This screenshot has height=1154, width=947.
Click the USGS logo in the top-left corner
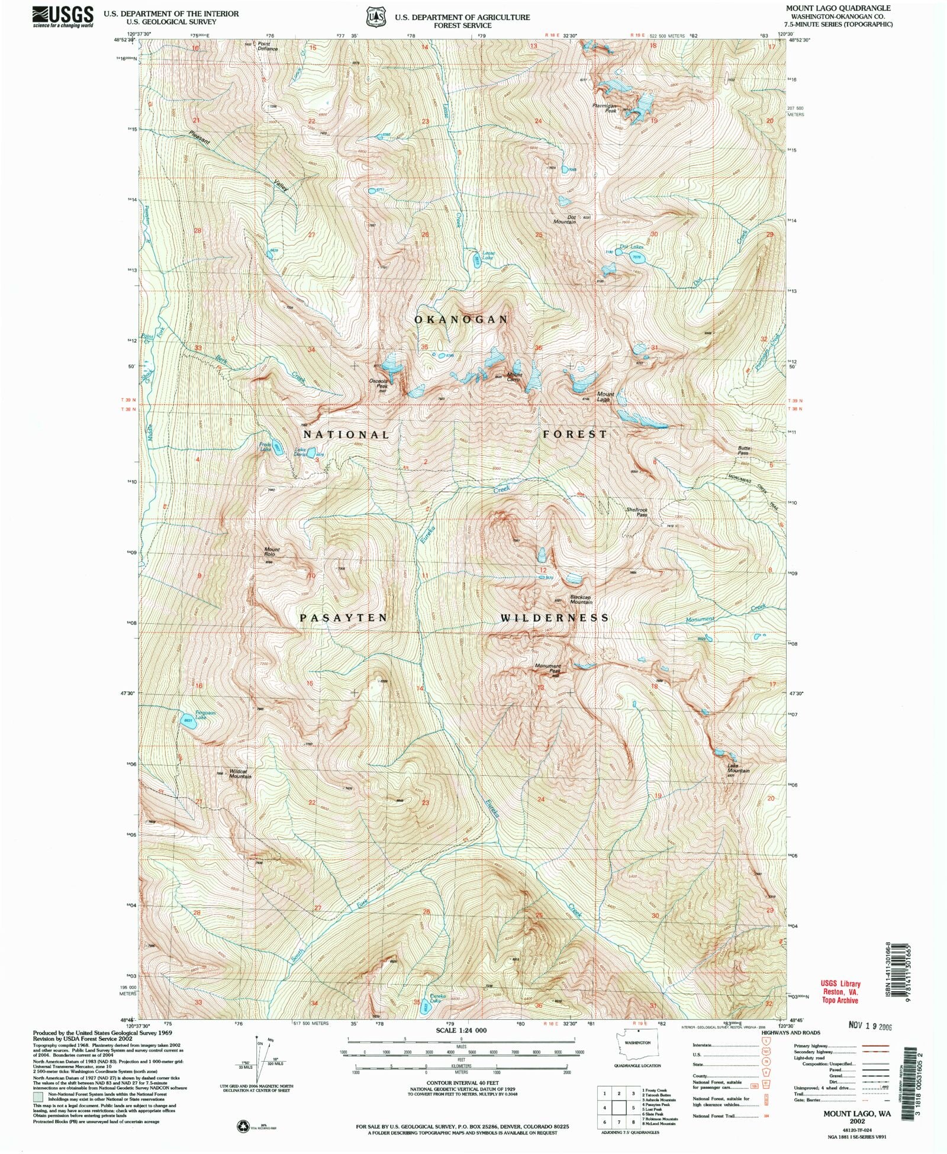(x=63, y=16)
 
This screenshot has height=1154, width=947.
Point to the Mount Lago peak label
(x=605, y=397)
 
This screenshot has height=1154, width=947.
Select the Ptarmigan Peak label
(x=605, y=108)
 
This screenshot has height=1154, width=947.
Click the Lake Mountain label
(x=738, y=768)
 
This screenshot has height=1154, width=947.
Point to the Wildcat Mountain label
(x=240, y=773)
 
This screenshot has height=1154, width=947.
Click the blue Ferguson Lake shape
(x=188, y=721)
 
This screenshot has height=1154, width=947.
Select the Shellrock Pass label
(x=636, y=512)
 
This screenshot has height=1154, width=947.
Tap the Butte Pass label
(x=743, y=450)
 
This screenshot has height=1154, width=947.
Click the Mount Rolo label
(x=272, y=552)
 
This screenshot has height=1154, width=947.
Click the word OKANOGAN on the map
(x=460, y=320)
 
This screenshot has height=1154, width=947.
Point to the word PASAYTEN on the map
(x=343, y=618)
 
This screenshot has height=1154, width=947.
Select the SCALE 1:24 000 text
(x=461, y=1030)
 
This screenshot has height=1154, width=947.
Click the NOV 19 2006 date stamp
(x=867, y=1027)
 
